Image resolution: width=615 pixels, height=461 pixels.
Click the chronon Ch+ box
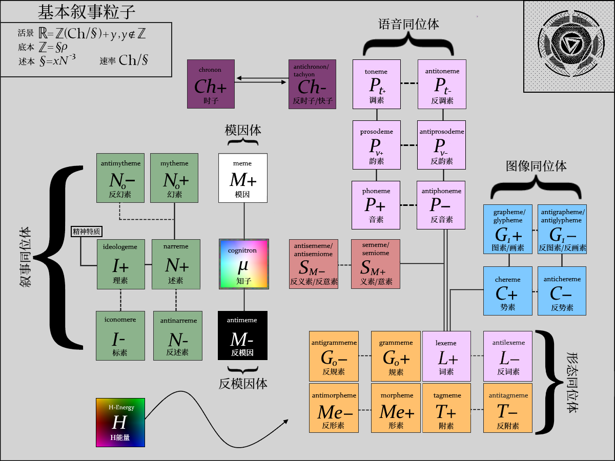pos(211,84)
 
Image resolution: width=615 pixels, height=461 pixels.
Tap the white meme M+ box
pos(243,178)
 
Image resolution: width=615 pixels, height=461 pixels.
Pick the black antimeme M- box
pos(243,336)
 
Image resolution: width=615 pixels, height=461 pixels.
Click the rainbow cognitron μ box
pos(244,264)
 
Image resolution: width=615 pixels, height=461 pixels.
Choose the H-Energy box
pos(120,423)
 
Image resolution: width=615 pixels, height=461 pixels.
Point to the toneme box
pos(377,84)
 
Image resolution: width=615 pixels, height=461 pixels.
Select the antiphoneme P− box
pos(441,205)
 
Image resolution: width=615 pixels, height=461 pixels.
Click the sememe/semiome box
pos(376,264)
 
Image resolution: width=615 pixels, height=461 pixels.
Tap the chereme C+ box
pos(508,291)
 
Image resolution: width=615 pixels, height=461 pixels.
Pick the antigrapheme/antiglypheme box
pos(562,229)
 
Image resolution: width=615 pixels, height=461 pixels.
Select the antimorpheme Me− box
pos(334,408)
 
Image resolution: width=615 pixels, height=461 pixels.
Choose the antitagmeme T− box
pos(507,408)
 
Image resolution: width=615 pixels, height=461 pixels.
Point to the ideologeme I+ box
pos(121,264)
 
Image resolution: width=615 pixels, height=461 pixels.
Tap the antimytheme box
pos(121,178)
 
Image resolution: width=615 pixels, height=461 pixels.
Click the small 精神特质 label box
pos(86,232)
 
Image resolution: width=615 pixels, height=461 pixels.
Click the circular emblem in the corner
pos(568,46)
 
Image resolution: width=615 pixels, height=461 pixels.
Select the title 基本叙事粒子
pos(87,12)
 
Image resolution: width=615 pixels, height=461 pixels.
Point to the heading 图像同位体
pos(536,166)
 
